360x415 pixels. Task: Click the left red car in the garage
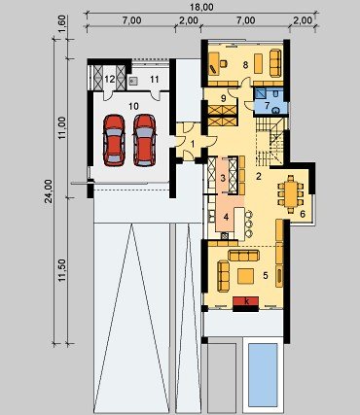(114, 140)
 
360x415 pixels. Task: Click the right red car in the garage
(144, 140)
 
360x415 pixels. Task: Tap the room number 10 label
(133, 106)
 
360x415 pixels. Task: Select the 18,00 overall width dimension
(201, 7)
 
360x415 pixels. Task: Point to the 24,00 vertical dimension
(49, 191)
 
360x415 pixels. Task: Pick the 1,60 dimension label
(62, 22)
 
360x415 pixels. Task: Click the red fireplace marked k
(246, 301)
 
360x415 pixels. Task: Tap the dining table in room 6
(291, 194)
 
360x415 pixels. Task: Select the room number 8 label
(245, 65)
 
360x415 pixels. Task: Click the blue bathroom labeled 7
(270, 101)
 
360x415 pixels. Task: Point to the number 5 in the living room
(266, 275)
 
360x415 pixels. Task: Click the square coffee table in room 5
(245, 276)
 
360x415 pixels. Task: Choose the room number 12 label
(110, 79)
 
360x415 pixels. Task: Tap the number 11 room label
(155, 79)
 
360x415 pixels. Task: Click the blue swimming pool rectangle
(263, 375)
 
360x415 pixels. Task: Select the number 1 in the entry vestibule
(193, 144)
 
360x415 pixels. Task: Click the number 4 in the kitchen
(226, 217)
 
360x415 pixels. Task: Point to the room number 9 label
(223, 98)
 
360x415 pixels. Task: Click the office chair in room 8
(224, 63)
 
